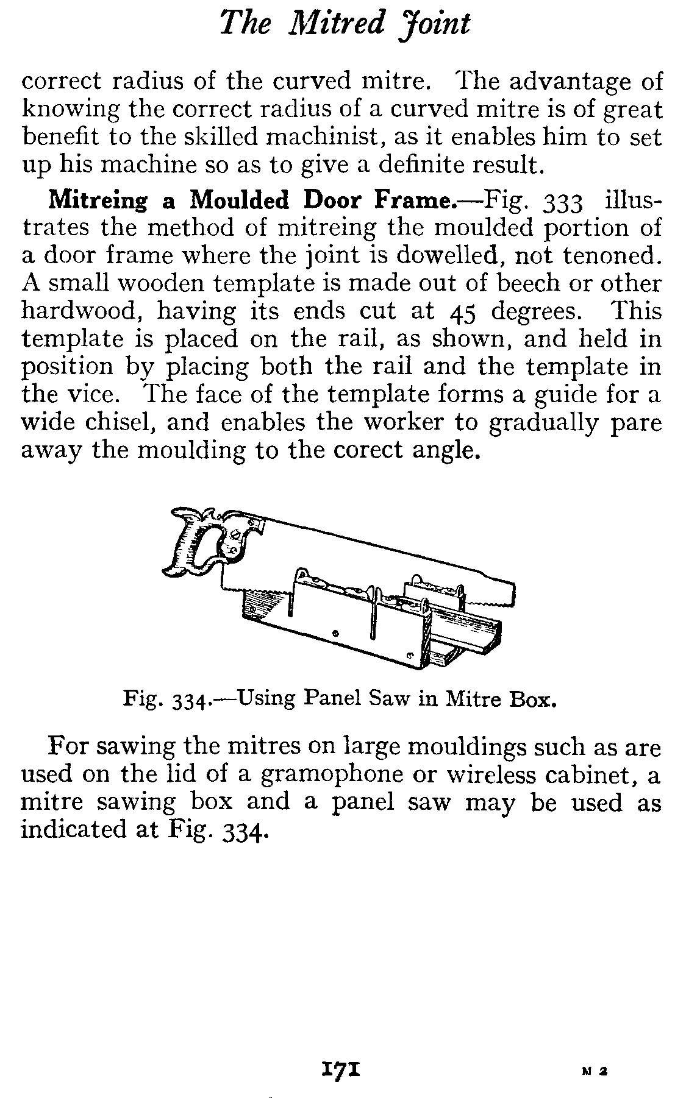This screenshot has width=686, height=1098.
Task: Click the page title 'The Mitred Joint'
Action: (x=345, y=24)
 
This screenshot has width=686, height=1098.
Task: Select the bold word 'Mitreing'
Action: (x=98, y=200)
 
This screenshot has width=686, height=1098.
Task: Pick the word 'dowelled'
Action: (x=450, y=255)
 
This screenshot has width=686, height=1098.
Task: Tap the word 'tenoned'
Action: (x=612, y=255)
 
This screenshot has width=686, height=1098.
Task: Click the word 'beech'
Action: (x=529, y=283)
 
